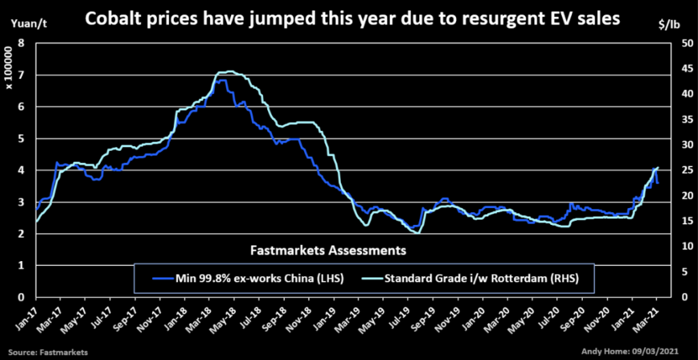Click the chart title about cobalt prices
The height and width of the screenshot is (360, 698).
tap(352, 20)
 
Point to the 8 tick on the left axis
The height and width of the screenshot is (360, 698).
tap(22, 43)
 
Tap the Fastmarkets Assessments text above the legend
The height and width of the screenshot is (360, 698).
tap(328, 250)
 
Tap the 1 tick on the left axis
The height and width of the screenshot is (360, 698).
tap(22, 265)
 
